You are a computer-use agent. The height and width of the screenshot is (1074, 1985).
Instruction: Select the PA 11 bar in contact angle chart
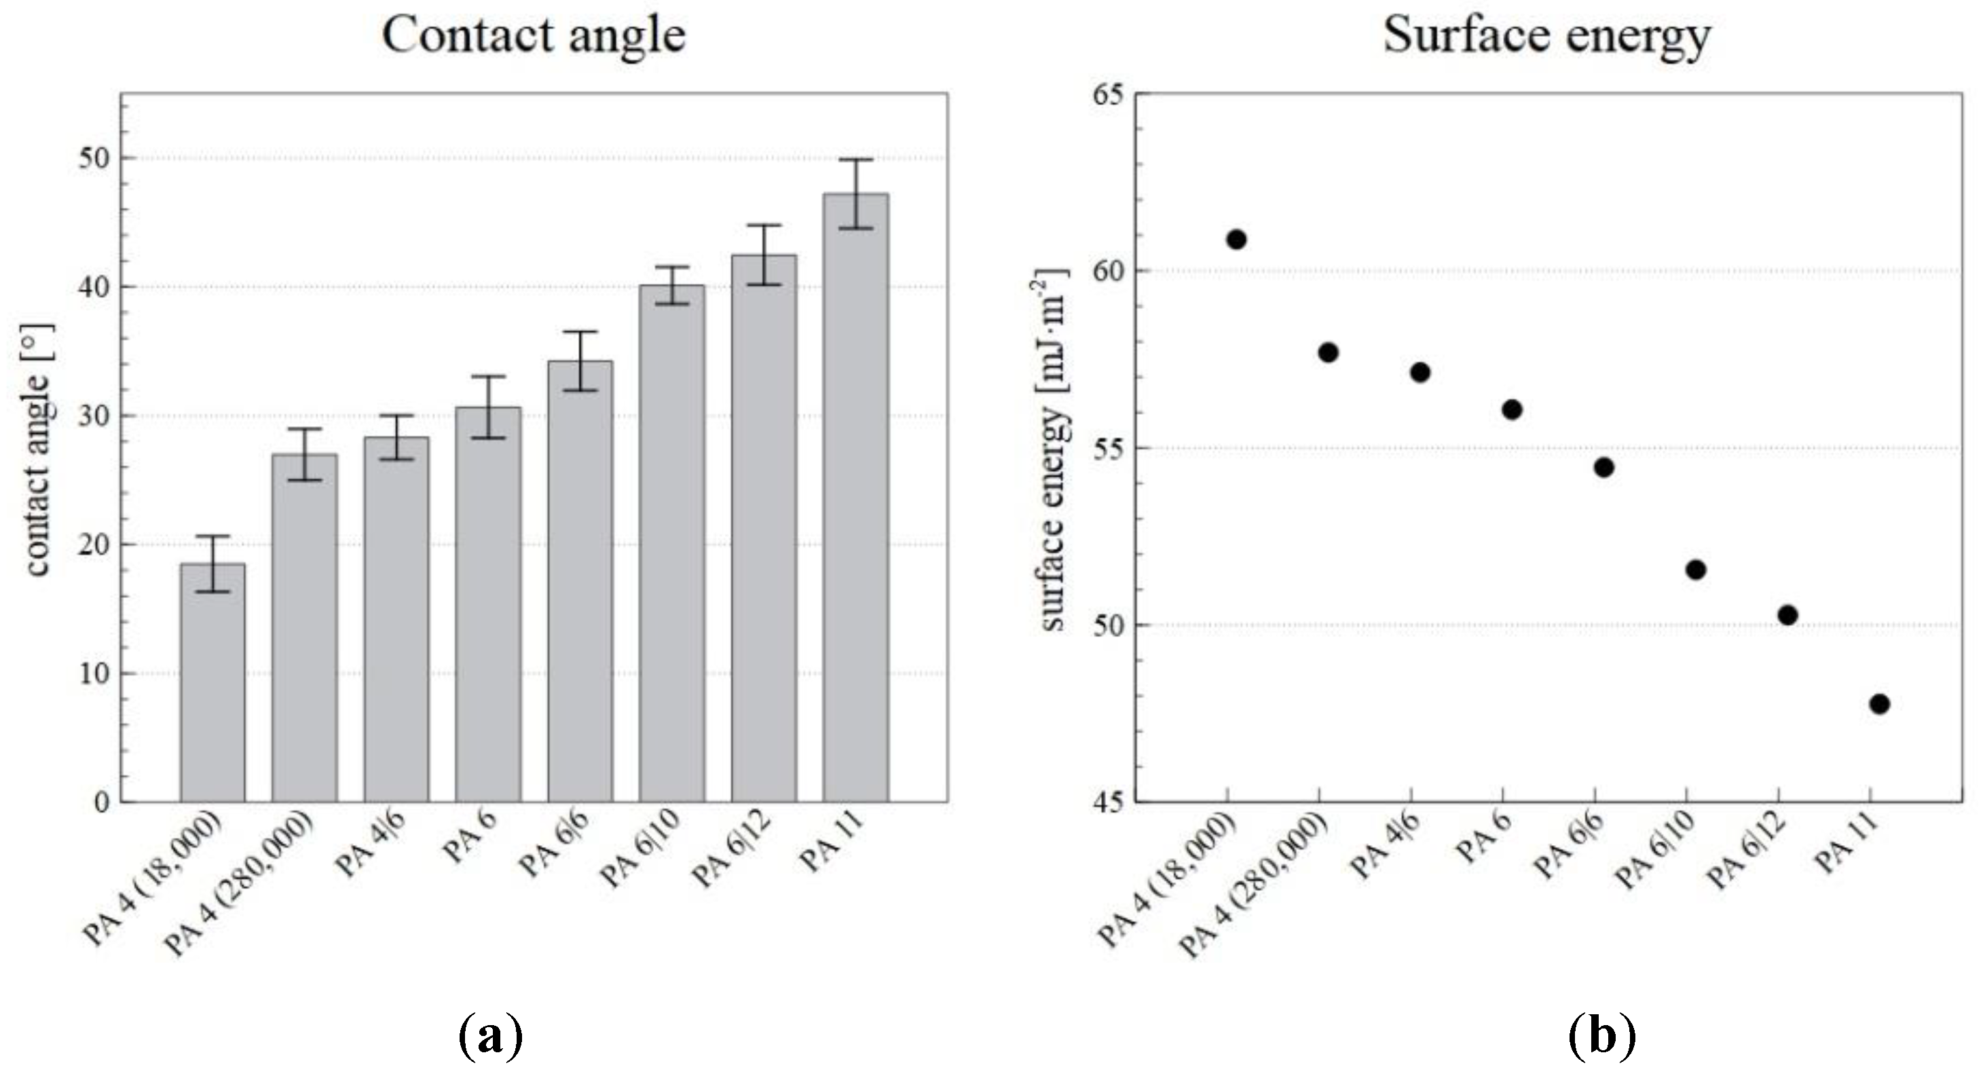pyautogui.click(x=855, y=501)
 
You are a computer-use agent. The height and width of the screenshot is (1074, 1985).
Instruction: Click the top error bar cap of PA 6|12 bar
pyautogui.click(x=763, y=226)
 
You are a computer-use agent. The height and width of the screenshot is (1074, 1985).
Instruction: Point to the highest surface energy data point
pyautogui.click(x=1236, y=240)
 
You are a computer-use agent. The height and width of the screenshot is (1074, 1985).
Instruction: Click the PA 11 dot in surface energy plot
pyautogui.click(x=1878, y=703)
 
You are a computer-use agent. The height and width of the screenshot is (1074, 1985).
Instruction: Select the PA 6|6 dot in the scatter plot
pyautogui.click(x=1603, y=468)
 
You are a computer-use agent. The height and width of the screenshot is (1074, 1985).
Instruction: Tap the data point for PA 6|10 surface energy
pyautogui.click(x=1695, y=570)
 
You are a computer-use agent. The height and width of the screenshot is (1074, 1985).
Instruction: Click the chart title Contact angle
pyautogui.click(x=533, y=35)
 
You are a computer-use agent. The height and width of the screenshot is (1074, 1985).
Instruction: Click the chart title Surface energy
pyautogui.click(x=1546, y=35)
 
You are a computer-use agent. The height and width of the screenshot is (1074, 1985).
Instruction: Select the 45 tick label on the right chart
pyautogui.click(x=1108, y=802)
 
